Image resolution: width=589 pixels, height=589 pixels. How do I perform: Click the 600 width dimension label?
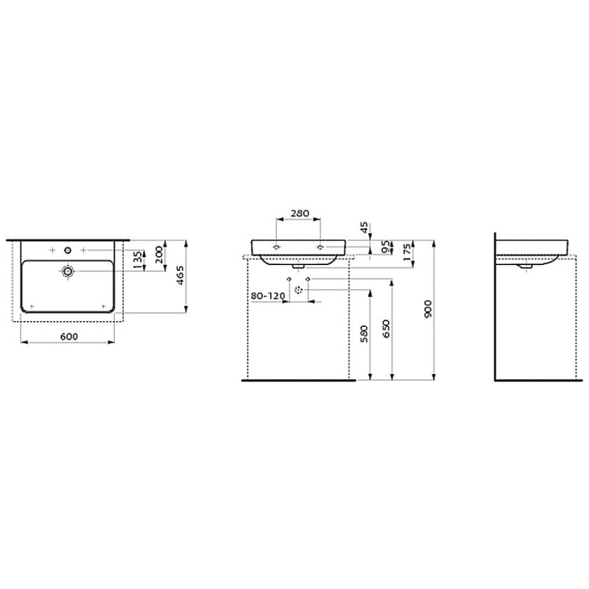pyautogui.click(x=68, y=336)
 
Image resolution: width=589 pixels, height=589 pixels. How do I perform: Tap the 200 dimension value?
pyautogui.click(x=159, y=255)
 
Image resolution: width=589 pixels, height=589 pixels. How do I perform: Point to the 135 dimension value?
pyautogui.click(x=136, y=260)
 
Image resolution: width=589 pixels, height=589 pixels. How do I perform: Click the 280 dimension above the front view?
pyautogui.click(x=300, y=213)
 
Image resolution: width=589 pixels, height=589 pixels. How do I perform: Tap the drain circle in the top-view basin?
pyautogui.click(x=68, y=272)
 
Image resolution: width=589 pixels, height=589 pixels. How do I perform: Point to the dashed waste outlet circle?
pyautogui.click(x=299, y=290)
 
